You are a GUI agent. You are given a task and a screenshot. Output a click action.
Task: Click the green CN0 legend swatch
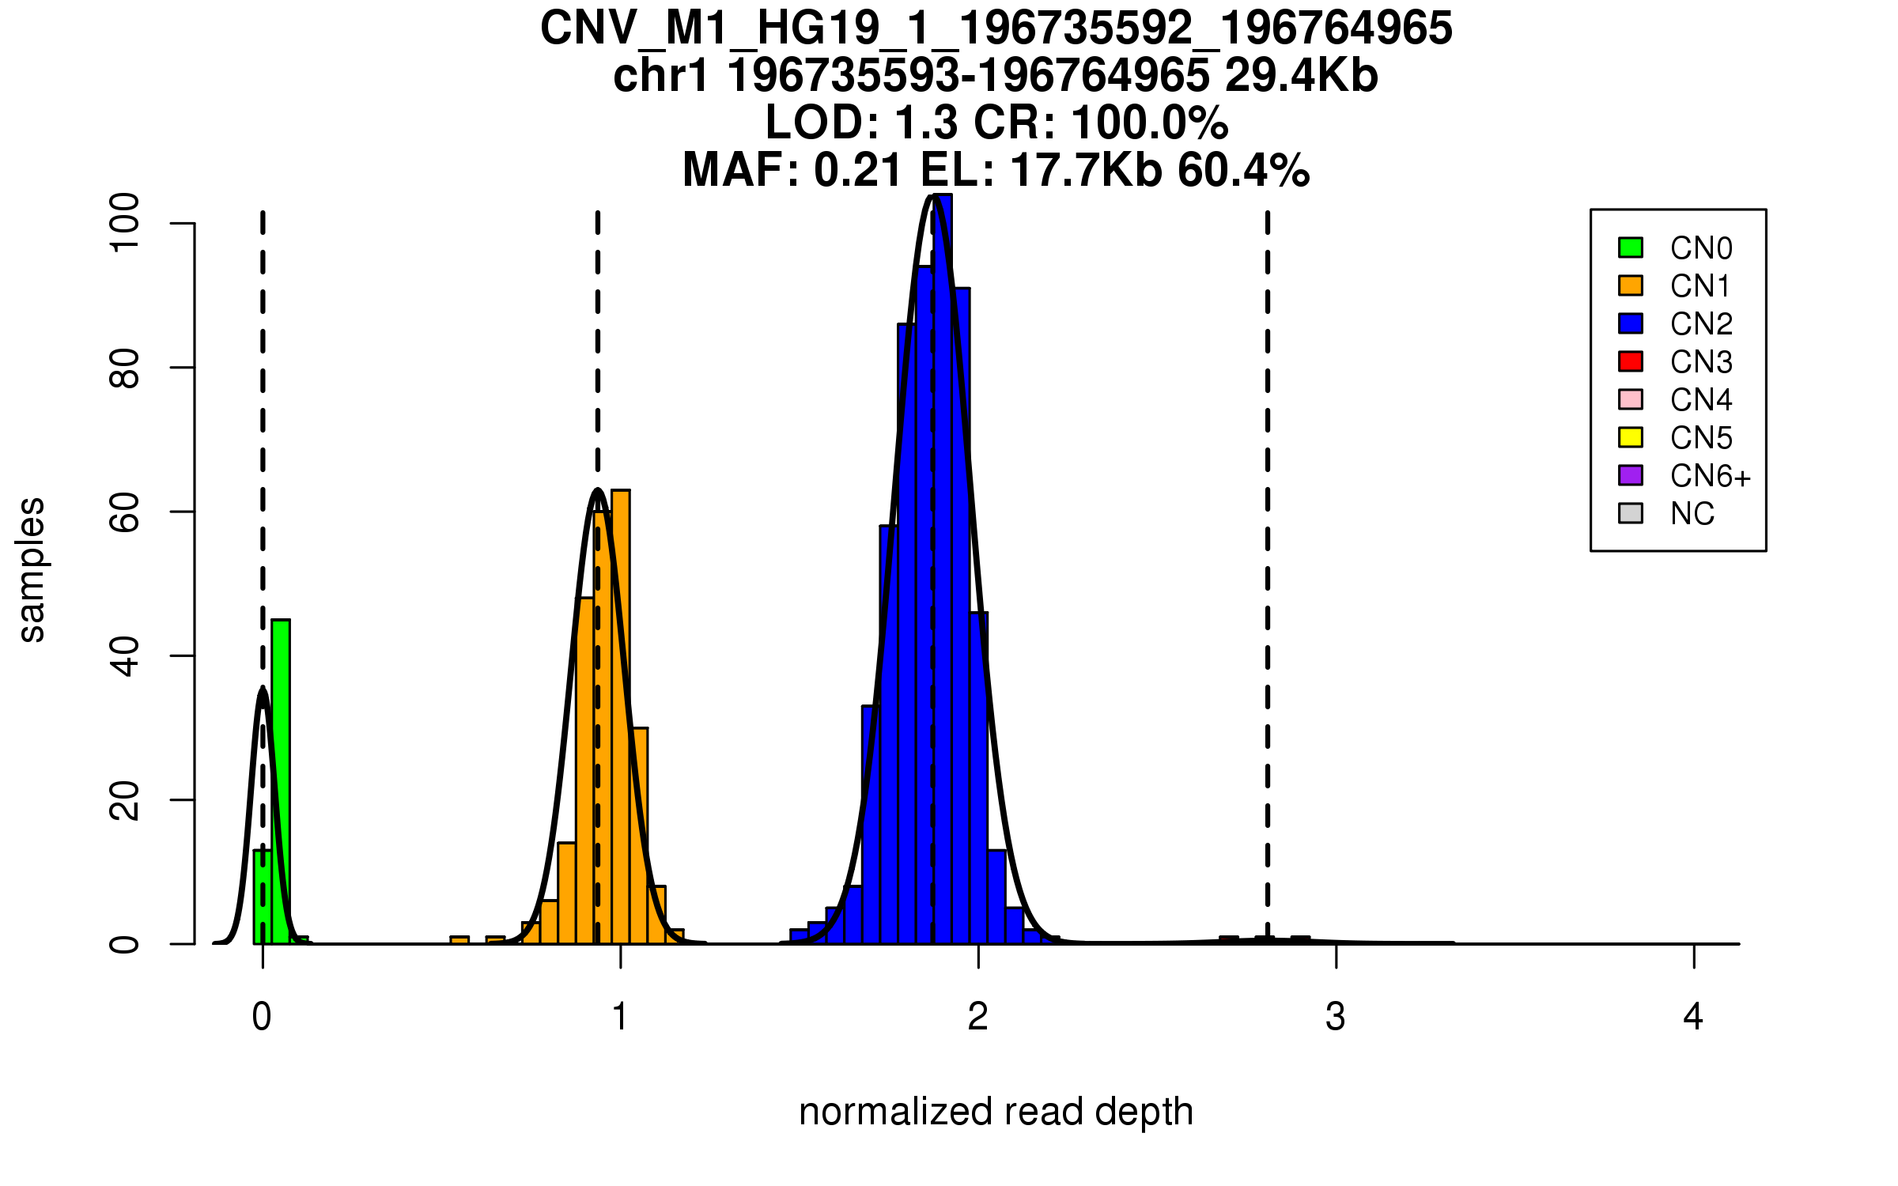pyautogui.click(x=1631, y=247)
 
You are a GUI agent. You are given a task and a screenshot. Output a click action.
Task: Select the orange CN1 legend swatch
pyautogui.click(x=1631, y=285)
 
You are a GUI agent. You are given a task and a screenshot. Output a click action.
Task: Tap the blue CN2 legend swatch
pyautogui.click(x=1631, y=323)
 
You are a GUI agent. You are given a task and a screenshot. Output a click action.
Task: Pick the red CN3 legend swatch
pyautogui.click(x=1631, y=361)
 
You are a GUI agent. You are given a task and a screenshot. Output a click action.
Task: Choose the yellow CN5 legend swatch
pyautogui.click(x=1631, y=437)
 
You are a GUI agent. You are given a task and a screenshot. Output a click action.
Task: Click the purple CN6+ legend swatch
pyautogui.click(x=1631, y=475)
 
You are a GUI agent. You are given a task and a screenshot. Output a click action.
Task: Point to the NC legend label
pyautogui.click(x=1692, y=514)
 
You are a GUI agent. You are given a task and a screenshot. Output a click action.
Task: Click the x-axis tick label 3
pyautogui.click(x=1336, y=1017)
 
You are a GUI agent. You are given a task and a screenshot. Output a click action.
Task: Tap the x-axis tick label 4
pyautogui.click(x=1693, y=1017)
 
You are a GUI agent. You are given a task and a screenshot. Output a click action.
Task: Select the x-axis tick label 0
pyautogui.click(x=262, y=1017)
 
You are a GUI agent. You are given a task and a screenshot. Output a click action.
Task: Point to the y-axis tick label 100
pyautogui.click(x=125, y=224)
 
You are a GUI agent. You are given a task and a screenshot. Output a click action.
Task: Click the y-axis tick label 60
pyautogui.click(x=125, y=512)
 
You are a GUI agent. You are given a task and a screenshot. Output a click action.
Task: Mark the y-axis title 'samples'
pyautogui.click(x=32, y=569)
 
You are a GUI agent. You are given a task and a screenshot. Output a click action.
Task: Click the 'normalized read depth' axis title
pyautogui.click(x=996, y=1112)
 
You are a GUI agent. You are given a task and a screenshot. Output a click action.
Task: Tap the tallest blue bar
pyautogui.click(x=942, y=569)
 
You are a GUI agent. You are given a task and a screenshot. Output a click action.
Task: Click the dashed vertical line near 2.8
pyautogui.click(x=1268, y=553)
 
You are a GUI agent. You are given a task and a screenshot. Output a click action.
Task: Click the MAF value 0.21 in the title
pyautogui.click(x=858, y=171)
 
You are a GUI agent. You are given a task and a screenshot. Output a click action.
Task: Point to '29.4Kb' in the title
pyautogui.click(x=1301, y=76)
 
